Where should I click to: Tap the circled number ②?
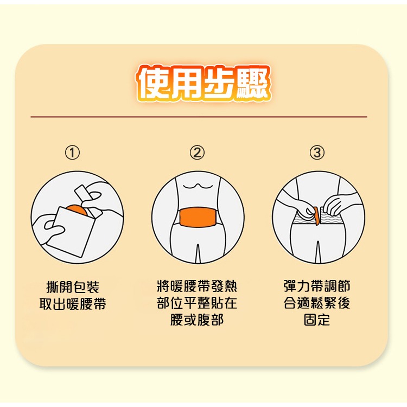point(197,153)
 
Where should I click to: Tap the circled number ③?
point(317,153)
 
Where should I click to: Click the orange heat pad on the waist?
point(196,218)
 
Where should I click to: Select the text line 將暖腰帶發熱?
point(196,287)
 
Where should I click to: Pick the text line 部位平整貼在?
point(196,303)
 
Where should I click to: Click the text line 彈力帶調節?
point(317,287)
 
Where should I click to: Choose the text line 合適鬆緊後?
point(317,303)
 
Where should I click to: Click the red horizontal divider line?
point(199,117)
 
